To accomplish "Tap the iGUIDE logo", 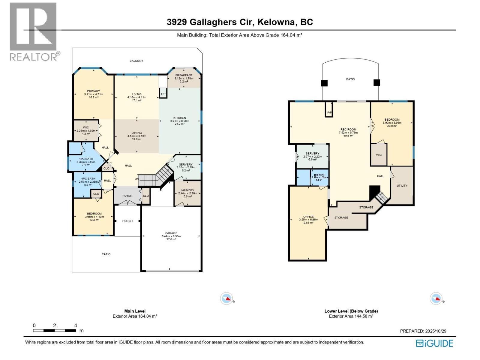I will [434, 343].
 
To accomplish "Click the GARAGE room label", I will [171, 233].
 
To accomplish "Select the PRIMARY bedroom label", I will [93, 91].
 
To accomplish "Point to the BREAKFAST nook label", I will [184, 75].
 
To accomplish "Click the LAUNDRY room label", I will [187, 190].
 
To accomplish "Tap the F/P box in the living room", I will [163, 94].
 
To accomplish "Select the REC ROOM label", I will [348, 130].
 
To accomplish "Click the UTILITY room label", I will [402, 186].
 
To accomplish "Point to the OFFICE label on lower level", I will [308, 217].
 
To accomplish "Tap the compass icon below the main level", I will [226, 299].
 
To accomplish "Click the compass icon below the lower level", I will [436, 299].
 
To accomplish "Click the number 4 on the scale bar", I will [76, 325].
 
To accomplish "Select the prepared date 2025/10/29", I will [436, 331].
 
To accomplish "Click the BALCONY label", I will [136, 61].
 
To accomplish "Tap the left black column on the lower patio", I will [324, 83].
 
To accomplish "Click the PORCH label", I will [127, 221].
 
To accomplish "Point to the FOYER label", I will [127, 196].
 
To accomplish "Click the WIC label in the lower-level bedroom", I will [379, 155].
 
